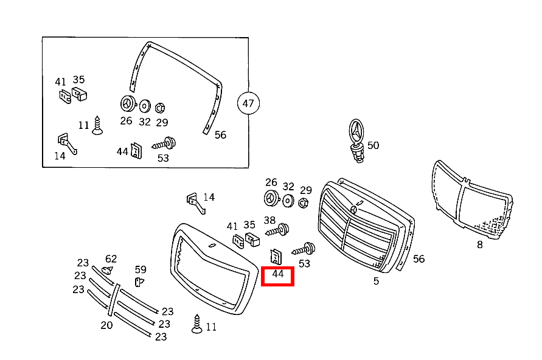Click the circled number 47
click(248, 103)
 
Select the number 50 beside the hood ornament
click(373, 145)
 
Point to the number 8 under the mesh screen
click(480, 244)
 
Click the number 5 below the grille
click(376, 281)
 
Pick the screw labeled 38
click(277, 230)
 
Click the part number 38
click(269, 220)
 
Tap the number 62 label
click(111, 259)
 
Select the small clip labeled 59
click(139, 282)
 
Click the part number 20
click(106, 325)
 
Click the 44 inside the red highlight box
click(278, 274)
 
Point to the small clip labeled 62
click(107, 270)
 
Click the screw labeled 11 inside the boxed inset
click(97, 125)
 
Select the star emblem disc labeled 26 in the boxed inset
click(128, 103)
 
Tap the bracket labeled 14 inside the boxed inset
click(67, 144)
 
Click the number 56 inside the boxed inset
click(220, 135)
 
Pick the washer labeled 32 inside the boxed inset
click(145, 106)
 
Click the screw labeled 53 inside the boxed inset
click(164, 144)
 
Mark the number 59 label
click(141, 269)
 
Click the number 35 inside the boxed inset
click(79, 80)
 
